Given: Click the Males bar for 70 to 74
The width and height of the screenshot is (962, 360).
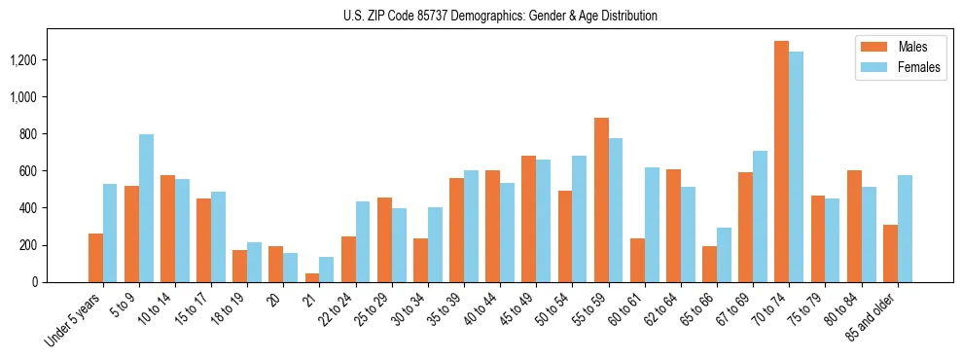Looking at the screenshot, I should tap(782, 162).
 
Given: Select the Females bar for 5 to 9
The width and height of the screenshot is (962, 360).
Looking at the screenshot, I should tap(146, 208).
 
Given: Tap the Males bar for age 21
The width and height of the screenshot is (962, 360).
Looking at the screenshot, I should tap(312, 277).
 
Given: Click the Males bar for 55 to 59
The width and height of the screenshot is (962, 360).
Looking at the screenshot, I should tap(601, 199).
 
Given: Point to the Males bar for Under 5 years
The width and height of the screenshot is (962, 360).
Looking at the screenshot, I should tap(95, 258).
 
